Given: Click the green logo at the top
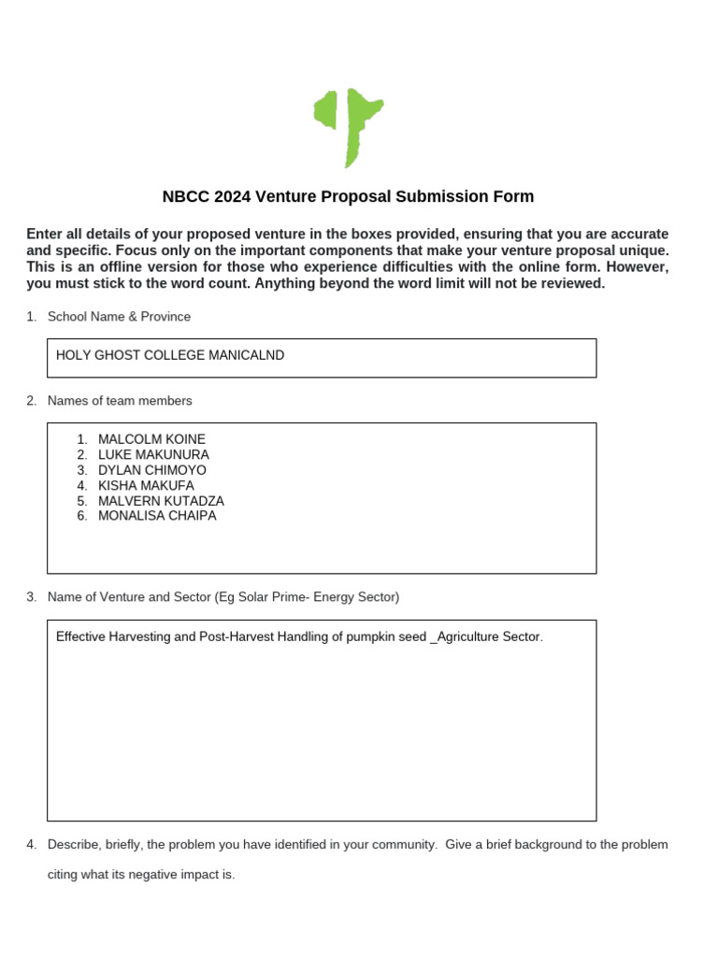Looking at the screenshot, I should pos(348,127).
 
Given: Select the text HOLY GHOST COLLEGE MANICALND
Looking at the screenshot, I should pos(170,355).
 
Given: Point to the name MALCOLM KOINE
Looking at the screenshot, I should pos(151,439).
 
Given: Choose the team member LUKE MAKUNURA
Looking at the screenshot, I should pos(153,454).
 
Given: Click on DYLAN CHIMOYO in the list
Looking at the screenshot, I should pos(152,470).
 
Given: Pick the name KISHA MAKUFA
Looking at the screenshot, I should pos(146,485).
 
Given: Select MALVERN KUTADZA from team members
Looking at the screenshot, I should pos(161,501).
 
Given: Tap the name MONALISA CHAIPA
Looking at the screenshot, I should pos(157,516).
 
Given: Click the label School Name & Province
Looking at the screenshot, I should pos(119,317).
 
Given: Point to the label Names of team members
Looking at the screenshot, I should pos(120,401).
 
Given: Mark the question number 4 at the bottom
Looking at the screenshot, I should pos(31,844).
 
